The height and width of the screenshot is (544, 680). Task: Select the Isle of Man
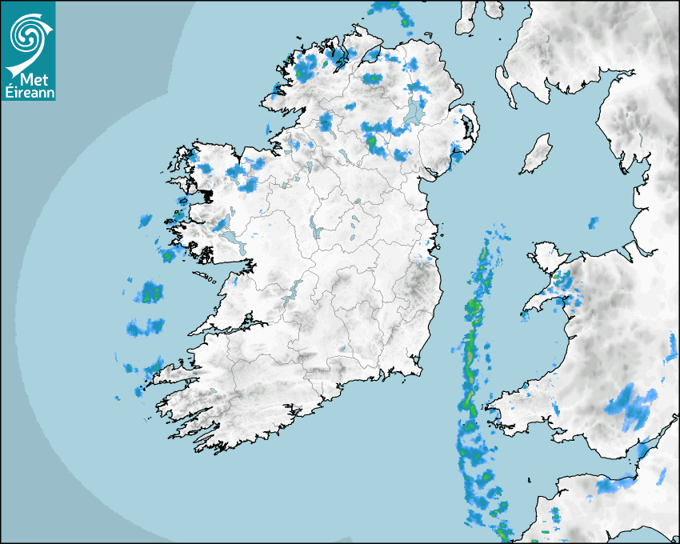537,154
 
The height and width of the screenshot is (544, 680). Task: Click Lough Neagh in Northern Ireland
416,111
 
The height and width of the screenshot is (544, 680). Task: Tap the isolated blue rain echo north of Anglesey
593,222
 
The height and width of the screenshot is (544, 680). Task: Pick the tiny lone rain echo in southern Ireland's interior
342,348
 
